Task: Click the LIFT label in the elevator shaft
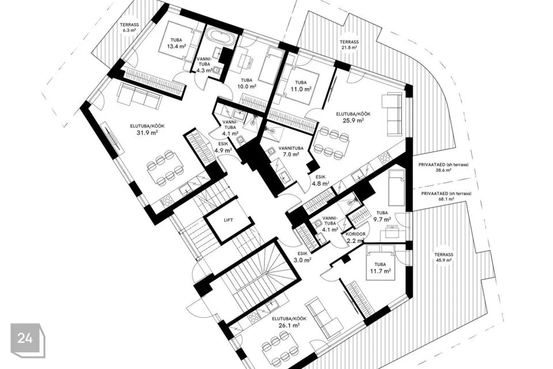click(228, 220)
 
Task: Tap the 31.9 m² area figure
click(147, 133)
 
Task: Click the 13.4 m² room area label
click(176, 46)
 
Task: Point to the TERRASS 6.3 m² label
click(129, 28)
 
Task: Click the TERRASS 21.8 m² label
click(349, 44)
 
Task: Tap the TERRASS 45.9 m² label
click(444, 257)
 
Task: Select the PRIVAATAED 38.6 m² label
click(444, 167)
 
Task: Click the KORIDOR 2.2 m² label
click(355, 238)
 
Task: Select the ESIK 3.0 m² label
click(302, 257)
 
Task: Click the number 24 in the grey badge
click(25, 338)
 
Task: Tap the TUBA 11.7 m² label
click(380, 268)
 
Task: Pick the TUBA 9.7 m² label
click(382, 216)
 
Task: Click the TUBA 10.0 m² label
click(247, 84)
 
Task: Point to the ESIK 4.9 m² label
click(223, 147)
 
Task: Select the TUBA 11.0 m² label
click(301, 86)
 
